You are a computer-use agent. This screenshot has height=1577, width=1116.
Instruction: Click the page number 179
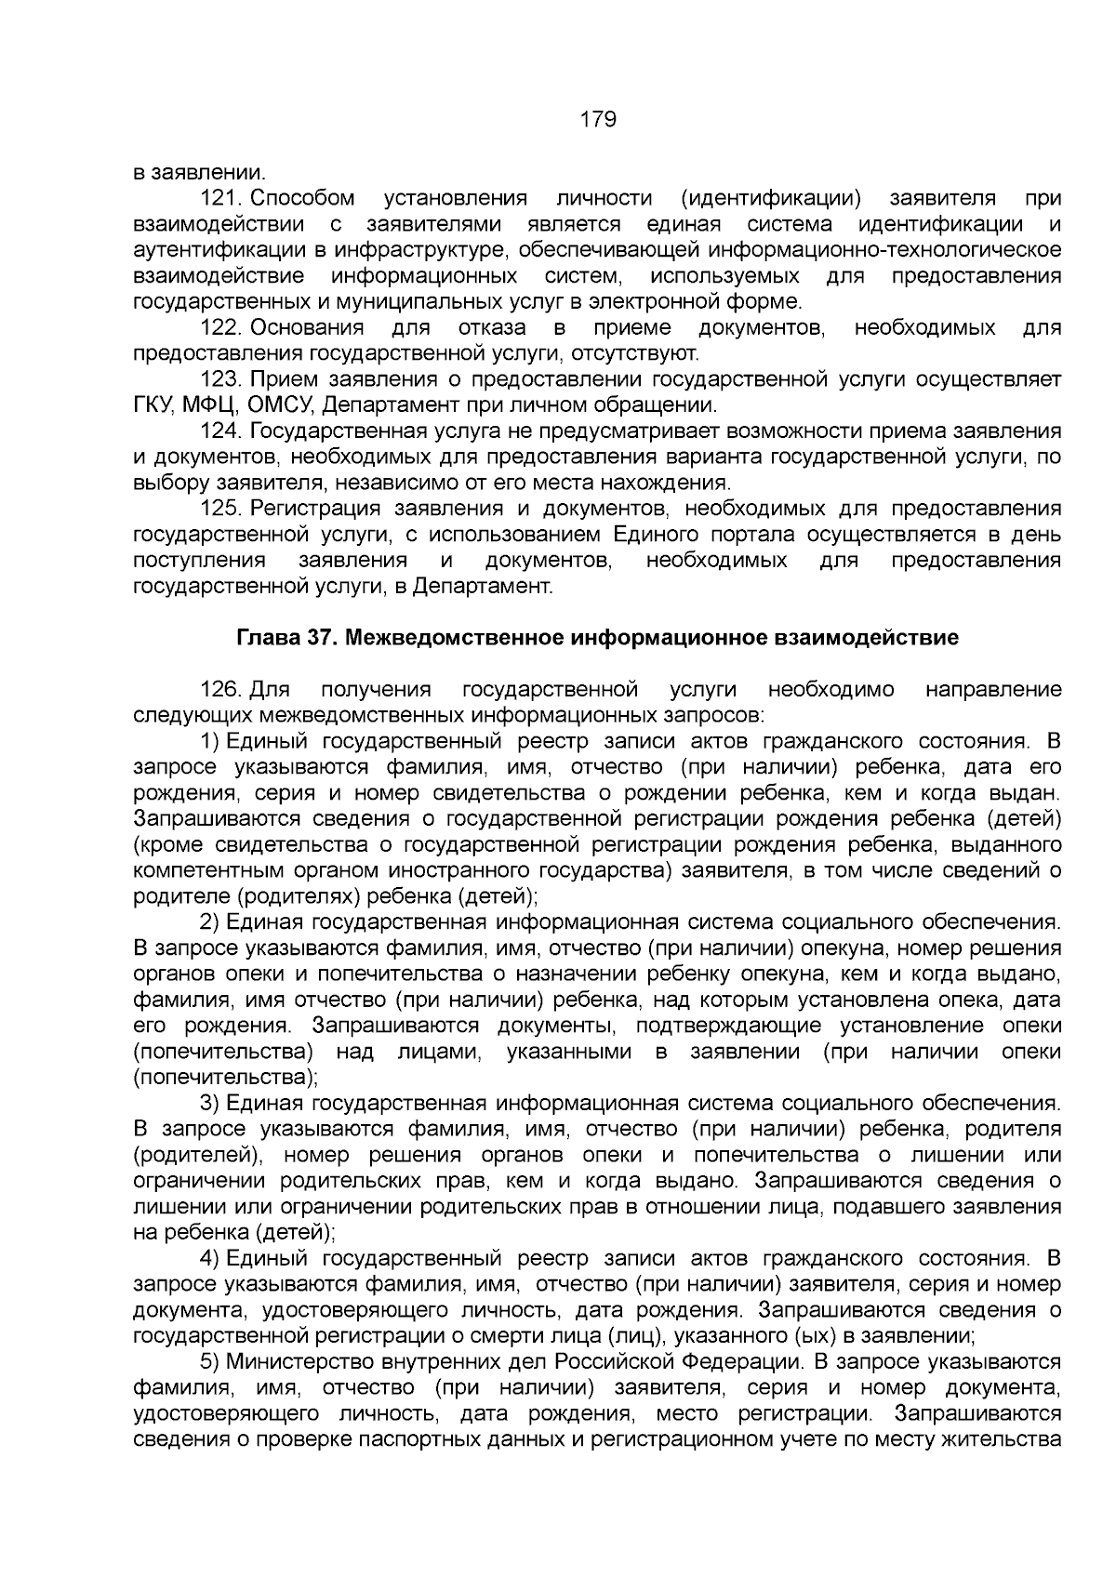(598, 120)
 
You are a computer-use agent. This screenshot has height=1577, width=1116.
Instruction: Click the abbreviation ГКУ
(153, 405)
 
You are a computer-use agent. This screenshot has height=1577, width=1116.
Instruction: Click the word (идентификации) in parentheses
(771, 198)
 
